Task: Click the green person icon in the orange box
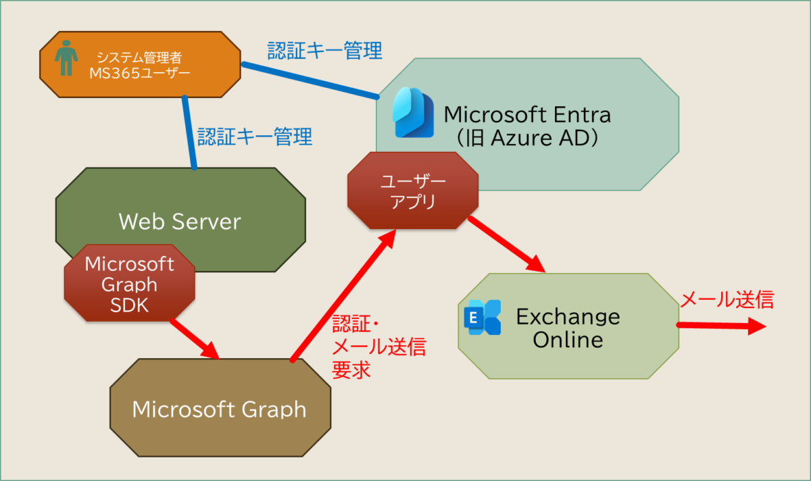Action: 66,59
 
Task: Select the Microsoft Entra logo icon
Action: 412,113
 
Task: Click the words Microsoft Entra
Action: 527,114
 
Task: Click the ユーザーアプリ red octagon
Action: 413,191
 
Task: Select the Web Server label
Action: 180,221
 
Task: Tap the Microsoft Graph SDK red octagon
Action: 130,284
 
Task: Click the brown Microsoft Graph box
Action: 220,409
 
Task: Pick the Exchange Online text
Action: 568,327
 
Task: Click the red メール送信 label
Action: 727,299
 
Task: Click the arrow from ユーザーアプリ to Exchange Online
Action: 507,244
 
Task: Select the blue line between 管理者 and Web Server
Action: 190,132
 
